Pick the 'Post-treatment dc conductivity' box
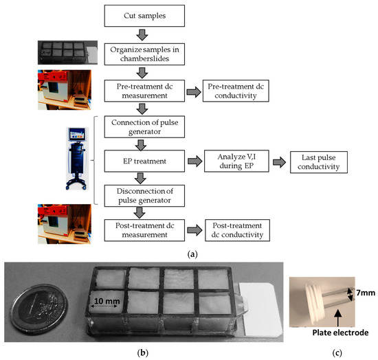click(234, 229)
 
